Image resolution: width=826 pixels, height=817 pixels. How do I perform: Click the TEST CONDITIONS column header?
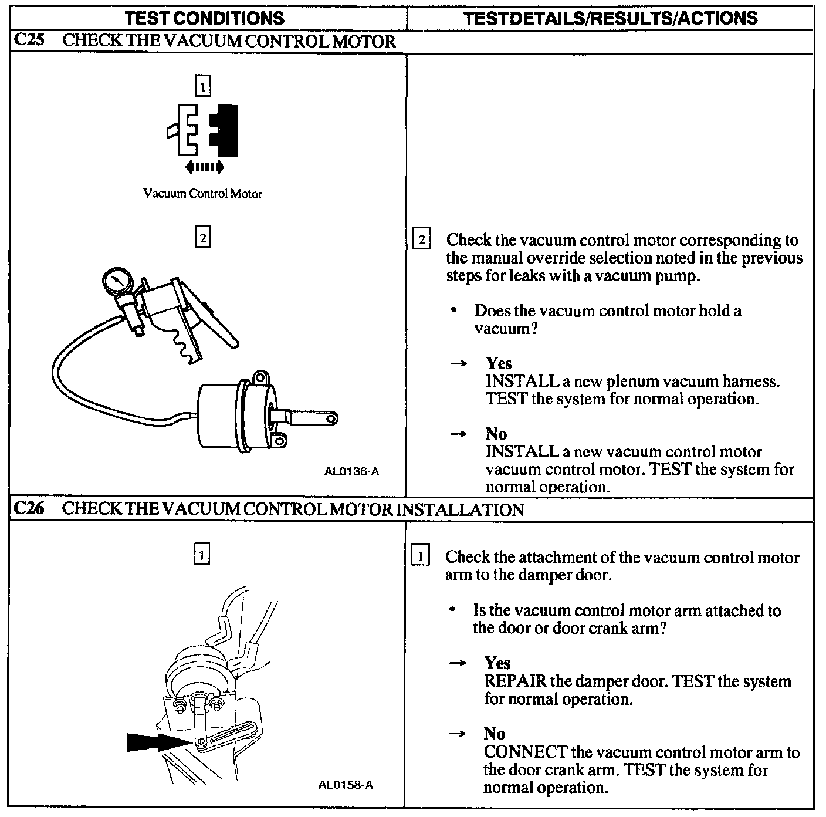204,18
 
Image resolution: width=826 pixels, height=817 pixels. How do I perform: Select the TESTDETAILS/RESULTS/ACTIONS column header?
611,18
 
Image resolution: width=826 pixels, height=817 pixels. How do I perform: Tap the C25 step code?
29,40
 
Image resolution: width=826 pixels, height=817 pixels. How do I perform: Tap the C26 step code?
29,508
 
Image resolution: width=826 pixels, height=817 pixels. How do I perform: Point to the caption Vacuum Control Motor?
202,194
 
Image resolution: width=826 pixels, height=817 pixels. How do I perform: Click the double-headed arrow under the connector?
205,167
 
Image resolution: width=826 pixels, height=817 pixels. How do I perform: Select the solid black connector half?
224,130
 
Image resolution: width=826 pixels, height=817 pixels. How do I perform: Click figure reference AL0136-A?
351,472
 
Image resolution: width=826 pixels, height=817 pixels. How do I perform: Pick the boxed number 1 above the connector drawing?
203,86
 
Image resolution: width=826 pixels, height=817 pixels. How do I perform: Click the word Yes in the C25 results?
499,363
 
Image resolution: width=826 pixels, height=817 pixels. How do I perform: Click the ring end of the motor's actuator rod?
331,418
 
